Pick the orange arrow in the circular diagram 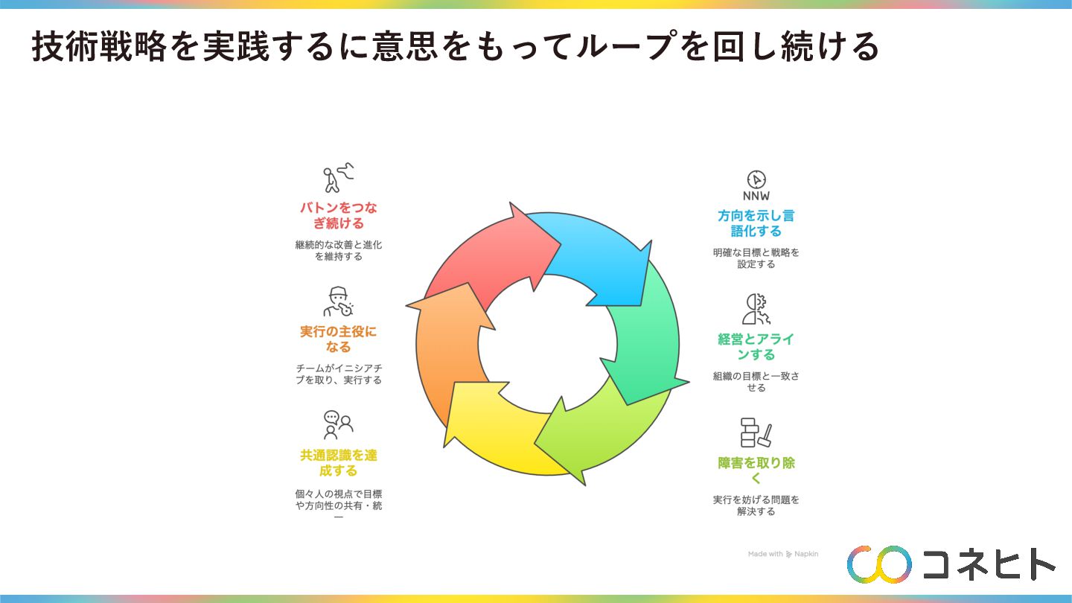coord(447,350)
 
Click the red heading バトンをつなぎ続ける coord(339,215)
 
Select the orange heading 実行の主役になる coord(339,339)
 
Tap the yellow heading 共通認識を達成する coord(339,463)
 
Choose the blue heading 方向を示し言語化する coord(756,223)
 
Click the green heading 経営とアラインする coord(756,347)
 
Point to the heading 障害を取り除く coord(756,470)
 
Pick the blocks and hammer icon coord(756,433)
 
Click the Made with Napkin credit coord(783,555)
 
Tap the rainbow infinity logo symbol coord(879,564)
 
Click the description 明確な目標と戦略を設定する coord(756,258)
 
